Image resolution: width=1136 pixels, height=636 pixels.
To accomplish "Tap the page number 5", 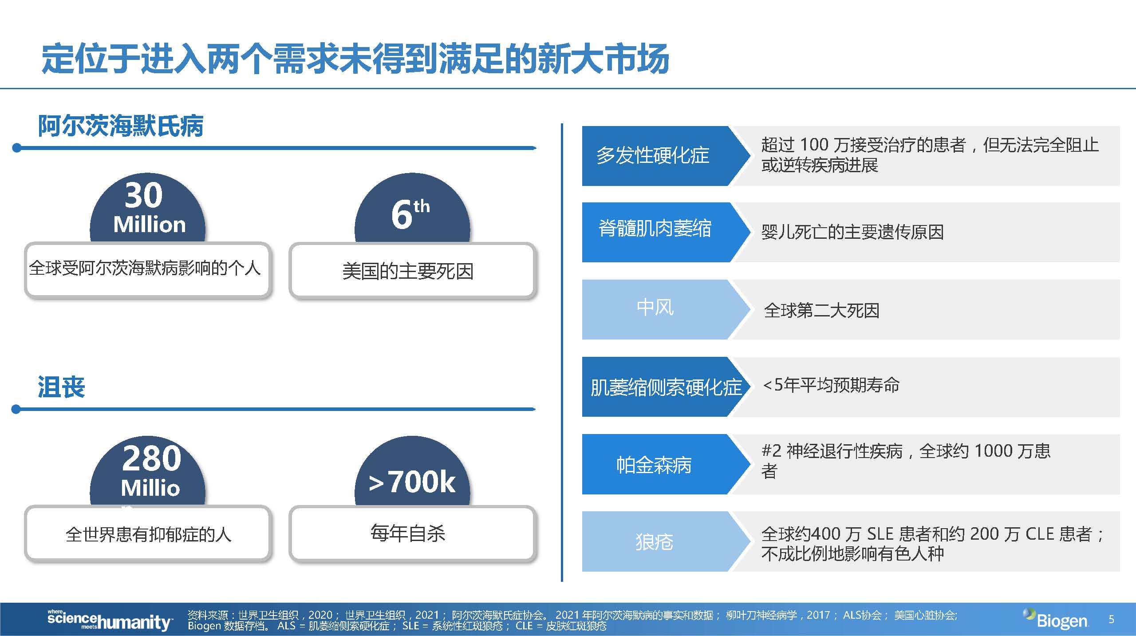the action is (x=1111, y=619).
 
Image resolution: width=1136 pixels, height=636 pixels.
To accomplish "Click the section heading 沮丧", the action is (x=61, y=387).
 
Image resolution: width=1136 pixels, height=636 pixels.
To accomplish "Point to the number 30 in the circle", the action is (x=144, y=195).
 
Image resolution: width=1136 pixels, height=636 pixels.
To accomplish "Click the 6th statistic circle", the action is (x=412, y=209).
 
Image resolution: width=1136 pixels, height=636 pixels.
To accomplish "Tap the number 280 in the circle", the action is (x=152, y=458).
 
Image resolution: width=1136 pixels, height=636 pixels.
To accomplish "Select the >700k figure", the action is (x=412, y=482).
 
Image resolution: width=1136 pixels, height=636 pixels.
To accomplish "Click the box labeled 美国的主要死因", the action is (x=412, y=270).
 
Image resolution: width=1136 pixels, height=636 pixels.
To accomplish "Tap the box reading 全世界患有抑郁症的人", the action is (x=148, y=533).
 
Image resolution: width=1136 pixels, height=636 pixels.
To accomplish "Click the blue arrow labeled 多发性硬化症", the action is (x=666, y=156).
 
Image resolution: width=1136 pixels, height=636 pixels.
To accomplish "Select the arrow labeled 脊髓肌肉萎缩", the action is (x=666, y=232).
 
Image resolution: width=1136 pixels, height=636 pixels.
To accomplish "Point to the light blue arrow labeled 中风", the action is (x=666, y=309).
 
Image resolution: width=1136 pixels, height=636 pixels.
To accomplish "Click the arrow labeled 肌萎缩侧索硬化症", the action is (x=666, y=387).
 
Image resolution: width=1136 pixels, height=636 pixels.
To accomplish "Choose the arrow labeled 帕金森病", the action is (x=666, y=464).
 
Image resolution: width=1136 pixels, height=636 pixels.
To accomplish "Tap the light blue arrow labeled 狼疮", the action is (x=666, y=541).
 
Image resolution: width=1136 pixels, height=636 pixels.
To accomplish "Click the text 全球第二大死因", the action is (x=821, y=310).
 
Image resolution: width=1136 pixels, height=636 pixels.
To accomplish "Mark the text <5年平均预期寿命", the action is (x=831, y=385).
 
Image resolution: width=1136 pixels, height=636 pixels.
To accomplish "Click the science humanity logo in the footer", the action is (x=110, y=620).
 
